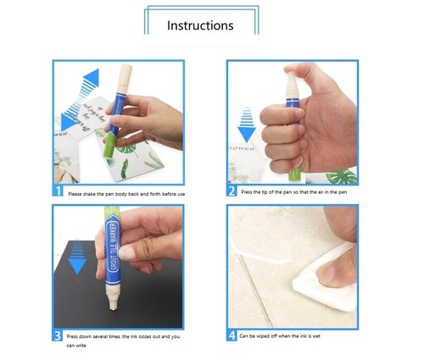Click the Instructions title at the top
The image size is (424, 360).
click(200, 25)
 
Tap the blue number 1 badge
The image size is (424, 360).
click(58, 191)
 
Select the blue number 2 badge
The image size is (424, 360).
click(232, 191)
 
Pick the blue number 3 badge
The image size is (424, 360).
click(58, 335)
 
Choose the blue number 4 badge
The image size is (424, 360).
click(232, 335)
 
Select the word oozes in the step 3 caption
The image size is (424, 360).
click(137, 335)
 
